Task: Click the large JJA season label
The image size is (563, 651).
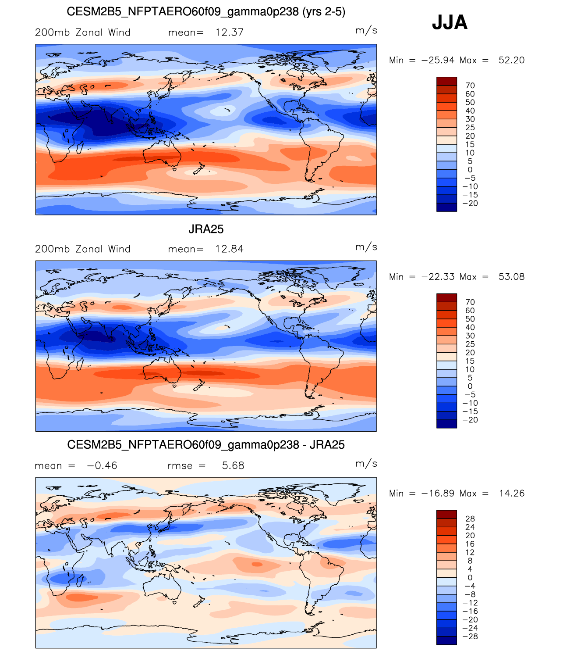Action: tap(450, 22)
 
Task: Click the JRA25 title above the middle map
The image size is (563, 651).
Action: tap(206, 229)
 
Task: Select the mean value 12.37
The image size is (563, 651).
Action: tap(229, 32)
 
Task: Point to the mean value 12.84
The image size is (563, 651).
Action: tap(229, 249)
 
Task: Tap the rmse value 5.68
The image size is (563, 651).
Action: tap(233, 465)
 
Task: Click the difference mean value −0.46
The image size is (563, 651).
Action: tap(102, 465)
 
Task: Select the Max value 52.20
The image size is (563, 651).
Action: tap(511, 60)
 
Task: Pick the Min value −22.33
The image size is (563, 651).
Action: tap(438, 276)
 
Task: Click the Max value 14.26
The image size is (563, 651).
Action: tap(512, 493)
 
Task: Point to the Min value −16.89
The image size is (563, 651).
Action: tap(438, 493)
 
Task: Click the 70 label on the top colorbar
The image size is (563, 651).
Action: tap(470, 86)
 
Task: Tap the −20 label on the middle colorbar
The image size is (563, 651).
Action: tap(470, 420)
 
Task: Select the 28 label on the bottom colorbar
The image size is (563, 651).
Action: tap(470, 519)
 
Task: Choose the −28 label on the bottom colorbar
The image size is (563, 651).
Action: tap(470, 637)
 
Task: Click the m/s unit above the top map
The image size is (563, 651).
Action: tap(366, 30)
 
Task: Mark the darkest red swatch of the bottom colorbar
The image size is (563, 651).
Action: tap(446, 514)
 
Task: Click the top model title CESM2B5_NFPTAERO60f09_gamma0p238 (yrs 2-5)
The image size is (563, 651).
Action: tap(206, 12)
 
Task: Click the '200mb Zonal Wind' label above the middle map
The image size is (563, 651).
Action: tap(82, 249)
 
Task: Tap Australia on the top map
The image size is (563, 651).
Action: tap(161, 155)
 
